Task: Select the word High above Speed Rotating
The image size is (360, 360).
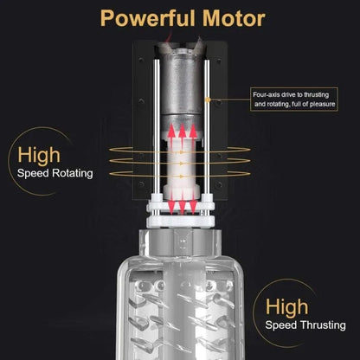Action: click(x=37, y=156)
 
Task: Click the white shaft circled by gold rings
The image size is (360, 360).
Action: click(x=182, y=169)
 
